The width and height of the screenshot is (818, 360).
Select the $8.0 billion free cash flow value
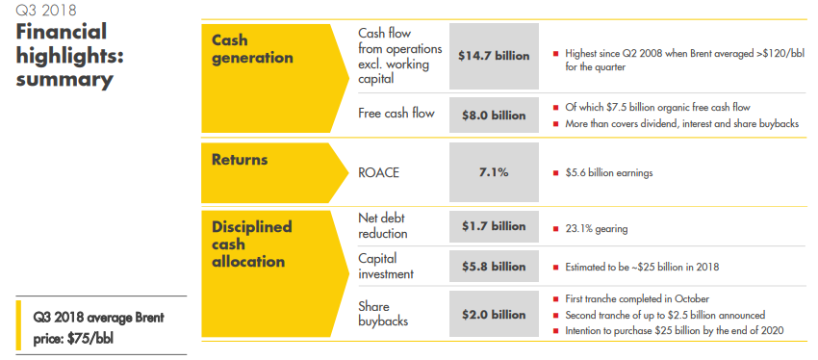tap(494, 115)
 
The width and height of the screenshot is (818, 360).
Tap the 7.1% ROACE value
tap(494, 173)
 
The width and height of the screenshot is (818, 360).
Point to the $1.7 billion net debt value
tap(494, 226)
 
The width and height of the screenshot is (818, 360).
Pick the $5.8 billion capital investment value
tap(494, 266)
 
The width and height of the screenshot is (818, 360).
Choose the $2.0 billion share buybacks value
tap(494, 314)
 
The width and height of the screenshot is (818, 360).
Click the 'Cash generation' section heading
tap(252, 49)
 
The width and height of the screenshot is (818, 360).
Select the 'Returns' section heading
tap(240, 159)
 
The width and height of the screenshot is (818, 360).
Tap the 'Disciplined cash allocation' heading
tap(251, 244)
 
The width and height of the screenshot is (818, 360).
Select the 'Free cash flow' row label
tap(396, 114)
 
